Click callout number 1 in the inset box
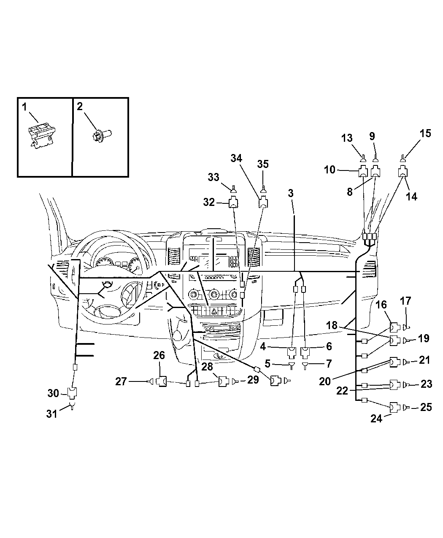24,107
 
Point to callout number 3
291,193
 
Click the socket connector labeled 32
233,203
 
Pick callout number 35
263,164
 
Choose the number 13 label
346,138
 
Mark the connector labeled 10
363,172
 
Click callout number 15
425,133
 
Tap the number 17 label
405,301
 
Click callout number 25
426,407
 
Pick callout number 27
122,381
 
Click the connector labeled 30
73,394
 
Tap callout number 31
51,414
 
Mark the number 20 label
324,381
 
